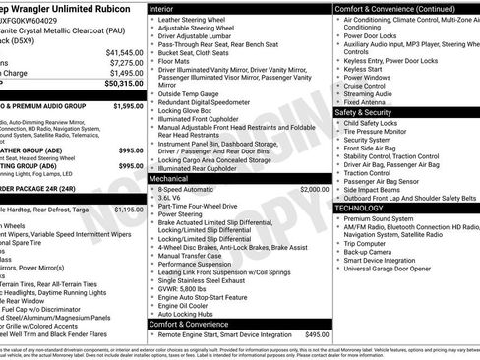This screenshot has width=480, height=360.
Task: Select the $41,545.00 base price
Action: (123, 52)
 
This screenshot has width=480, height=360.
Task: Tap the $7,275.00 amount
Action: (125, 63)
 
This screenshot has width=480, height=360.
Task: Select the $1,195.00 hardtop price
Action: (128, 209)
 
